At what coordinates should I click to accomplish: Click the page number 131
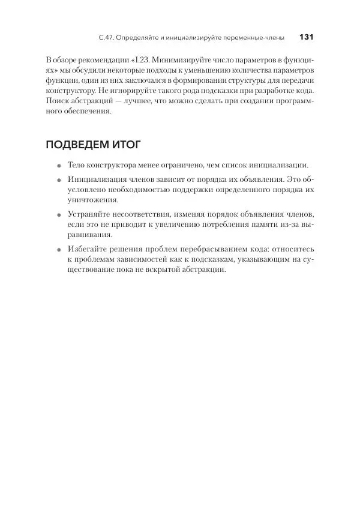coord(306,37)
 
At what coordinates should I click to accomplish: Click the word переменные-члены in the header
coord(256,38)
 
